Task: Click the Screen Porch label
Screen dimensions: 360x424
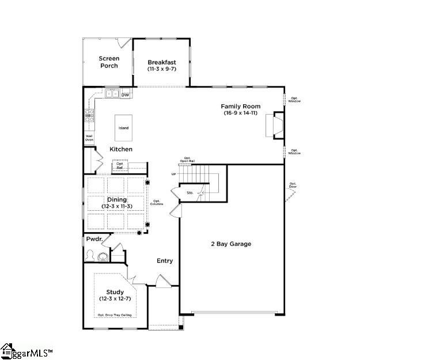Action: click(x=108, y=62)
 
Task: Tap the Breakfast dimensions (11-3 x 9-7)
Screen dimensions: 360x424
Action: click(x=161, y=69)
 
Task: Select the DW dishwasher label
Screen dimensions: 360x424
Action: click(x=125, y=94)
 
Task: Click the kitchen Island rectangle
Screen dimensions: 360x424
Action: click(x=124, y=128)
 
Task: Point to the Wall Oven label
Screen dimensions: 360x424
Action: click(x=89, y=138)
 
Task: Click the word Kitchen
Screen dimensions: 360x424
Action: click(x=121, y=149)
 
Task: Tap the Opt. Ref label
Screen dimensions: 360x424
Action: click(x=120, y=165)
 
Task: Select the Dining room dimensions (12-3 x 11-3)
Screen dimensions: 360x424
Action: click(x=117, y=206)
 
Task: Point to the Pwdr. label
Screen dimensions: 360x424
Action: click(x=94, y=238)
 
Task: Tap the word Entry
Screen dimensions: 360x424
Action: click(x=165, y=261)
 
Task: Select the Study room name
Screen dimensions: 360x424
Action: click(x=115, y=291)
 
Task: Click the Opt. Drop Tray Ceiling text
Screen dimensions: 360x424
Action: click(x=115, y=315)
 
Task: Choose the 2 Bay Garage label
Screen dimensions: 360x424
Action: click(x=231, y=244)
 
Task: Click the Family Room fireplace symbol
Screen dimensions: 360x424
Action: click(x=274, y=126)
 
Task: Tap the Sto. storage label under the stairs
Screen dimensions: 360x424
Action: click(x=190, y=193)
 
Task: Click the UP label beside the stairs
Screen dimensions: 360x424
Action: click(x=173, y=174)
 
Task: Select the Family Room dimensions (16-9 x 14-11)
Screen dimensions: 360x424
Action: click(x=241, y=113)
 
